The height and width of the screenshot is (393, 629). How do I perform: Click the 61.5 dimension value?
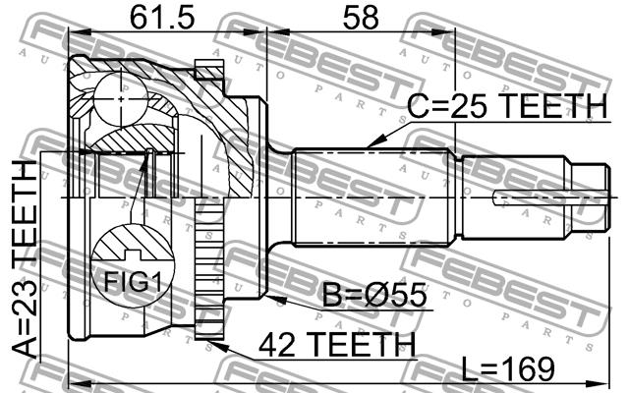[162, 18]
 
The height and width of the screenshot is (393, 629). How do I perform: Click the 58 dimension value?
[361, 18]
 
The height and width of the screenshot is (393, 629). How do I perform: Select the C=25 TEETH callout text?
[508, 106]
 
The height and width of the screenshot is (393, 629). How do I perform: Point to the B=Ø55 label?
[374, 295]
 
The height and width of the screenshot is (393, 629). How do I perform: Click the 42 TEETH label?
[337, 345]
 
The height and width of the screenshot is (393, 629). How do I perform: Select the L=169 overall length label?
[508, 368]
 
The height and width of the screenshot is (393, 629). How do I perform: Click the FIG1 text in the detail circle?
[133, 282]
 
